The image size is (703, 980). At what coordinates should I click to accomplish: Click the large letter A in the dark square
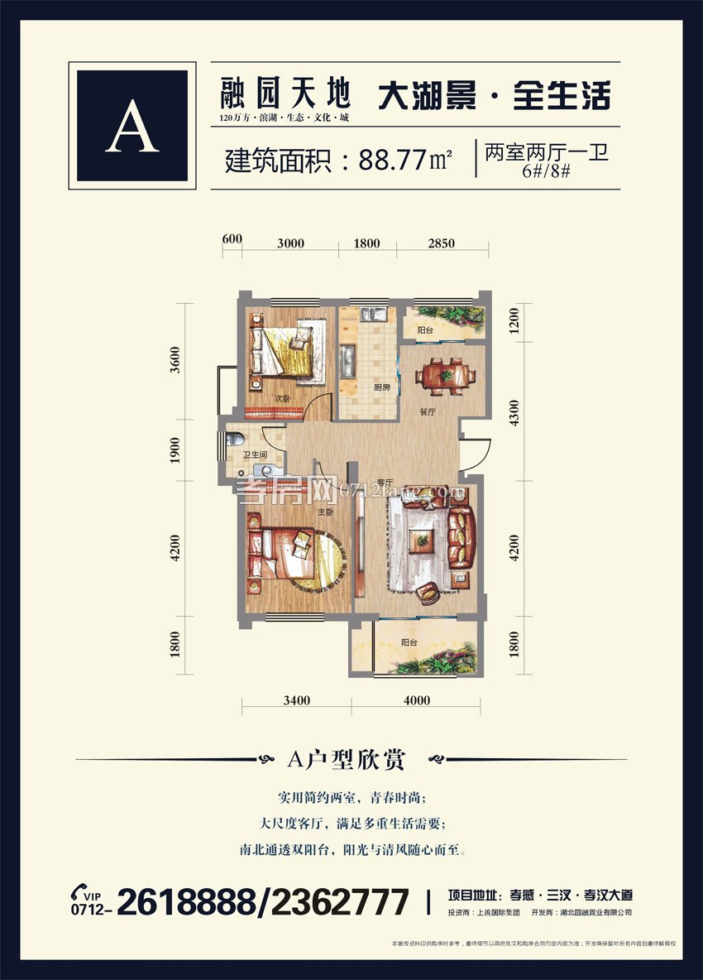[132, 126]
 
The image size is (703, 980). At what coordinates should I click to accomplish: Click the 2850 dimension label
[442, 243]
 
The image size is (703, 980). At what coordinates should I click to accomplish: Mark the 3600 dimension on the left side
[175, 361]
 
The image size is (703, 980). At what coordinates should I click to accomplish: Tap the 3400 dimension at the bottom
[296, 700]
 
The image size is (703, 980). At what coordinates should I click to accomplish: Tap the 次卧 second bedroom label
[282, 399]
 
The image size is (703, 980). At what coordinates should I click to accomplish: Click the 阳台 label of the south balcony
[409, 641]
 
